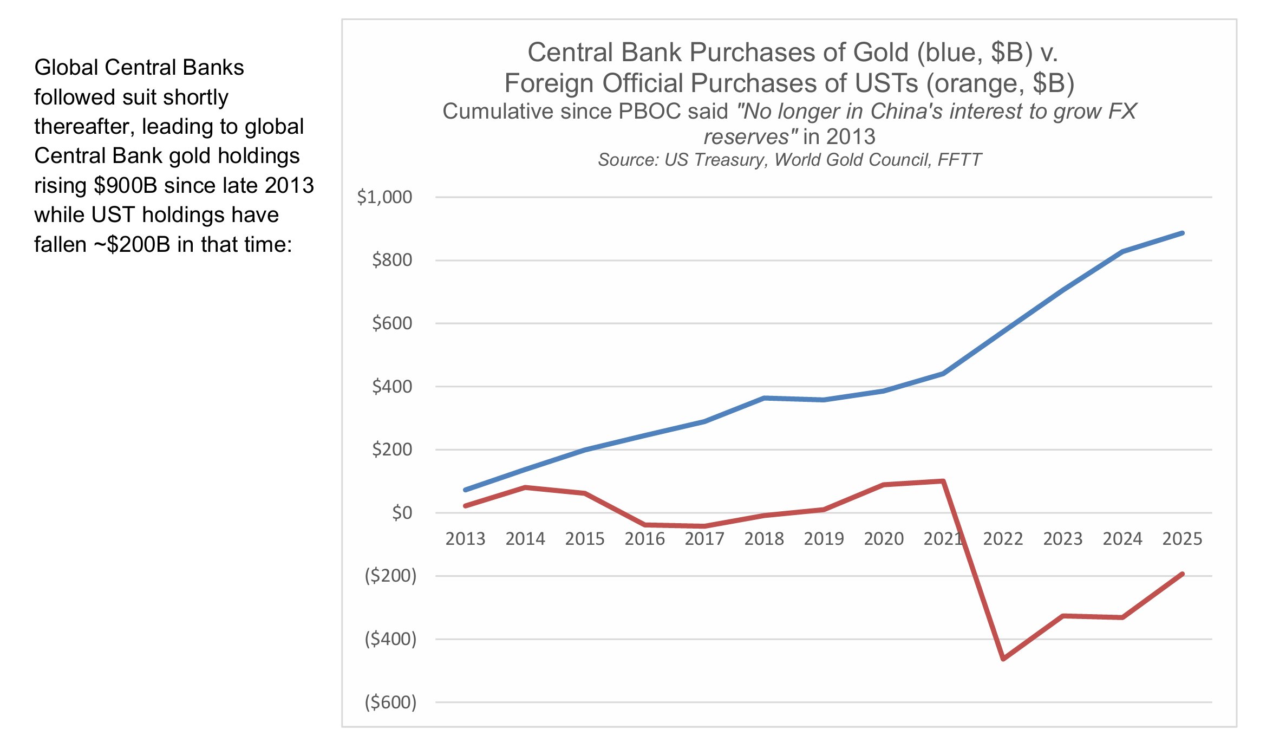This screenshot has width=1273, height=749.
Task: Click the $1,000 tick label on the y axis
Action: click(384, 197)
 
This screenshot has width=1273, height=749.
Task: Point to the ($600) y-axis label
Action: click(390, 702)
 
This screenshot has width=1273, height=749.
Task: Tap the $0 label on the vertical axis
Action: click(402, 512)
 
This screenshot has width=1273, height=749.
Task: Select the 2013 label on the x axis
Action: click(465, 539)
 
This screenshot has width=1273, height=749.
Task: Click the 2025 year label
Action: click(1182, 539)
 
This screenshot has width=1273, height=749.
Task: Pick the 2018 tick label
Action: click(764, 539)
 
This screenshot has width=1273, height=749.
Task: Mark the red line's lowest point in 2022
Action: click(1003, 659)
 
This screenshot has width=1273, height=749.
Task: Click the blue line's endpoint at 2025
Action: click(1183, 233)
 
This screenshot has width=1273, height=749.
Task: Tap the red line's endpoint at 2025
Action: click(1183, 574)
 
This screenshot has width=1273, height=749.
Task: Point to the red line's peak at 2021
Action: click(943, 481)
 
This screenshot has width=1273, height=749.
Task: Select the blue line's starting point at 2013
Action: click(466, 490)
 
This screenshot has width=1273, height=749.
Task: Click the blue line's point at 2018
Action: click(764, 398)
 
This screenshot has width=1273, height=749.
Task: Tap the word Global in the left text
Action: click(66, 68)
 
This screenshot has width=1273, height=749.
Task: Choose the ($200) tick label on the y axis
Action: click(390, 576)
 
